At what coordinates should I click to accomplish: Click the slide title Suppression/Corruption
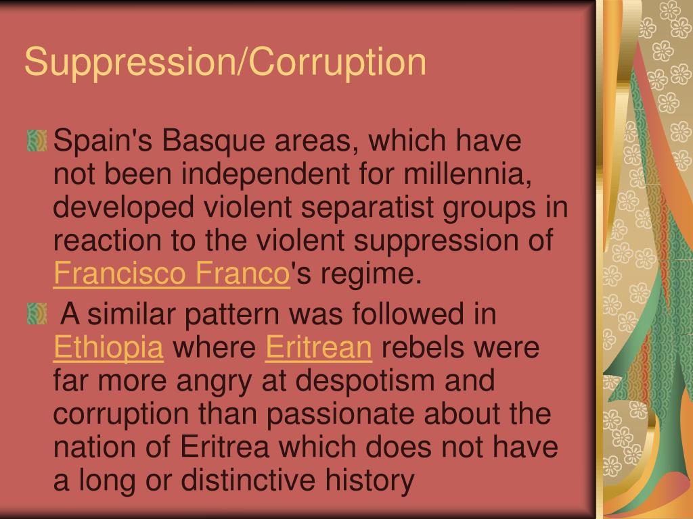tap(225, 61)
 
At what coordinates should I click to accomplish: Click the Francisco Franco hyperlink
tap(171, 275)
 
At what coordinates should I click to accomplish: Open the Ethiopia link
tap(108, 349)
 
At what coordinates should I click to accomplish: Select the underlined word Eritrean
tap(319, 349)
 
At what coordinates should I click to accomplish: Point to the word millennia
tap(465, 176)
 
